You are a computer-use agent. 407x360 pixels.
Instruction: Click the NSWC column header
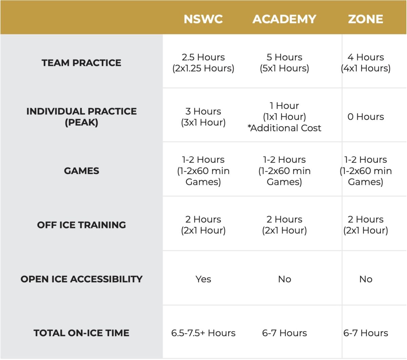[x=203, y=19]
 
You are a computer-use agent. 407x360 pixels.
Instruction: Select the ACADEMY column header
[x=284, y=19]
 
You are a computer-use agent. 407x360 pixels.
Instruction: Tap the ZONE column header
[x=365, y=19]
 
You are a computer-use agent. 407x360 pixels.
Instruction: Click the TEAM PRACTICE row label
[x=81, y=63]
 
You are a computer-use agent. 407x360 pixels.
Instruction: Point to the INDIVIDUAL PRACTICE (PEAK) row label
[x=81, y=117]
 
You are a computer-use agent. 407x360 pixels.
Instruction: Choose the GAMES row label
[x=81, y=171]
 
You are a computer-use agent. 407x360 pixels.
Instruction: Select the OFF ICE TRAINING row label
[x=81, y=225]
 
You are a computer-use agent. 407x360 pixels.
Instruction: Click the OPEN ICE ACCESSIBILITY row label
[x=81, y=279]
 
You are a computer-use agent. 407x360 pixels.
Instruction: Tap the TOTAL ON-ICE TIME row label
[x=81, y=333]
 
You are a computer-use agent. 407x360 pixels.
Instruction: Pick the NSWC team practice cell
[x=203, y=63]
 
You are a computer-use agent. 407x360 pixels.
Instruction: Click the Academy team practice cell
[x=284, y=63]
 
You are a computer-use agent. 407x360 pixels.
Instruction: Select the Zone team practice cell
[x=366, y=63]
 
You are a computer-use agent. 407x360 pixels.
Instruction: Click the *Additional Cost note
[x=284, y=128]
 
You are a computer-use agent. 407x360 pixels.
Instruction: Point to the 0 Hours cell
[x=366, y=117]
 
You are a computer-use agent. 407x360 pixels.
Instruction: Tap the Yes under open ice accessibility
[x=203, y=279]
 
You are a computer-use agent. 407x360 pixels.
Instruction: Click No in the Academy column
[x=285, y=279]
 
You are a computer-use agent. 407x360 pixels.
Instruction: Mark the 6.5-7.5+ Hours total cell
[x=203, y=333]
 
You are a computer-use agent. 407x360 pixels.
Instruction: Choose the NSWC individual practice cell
[x=203, y=117]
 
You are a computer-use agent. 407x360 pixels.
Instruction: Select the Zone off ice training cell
[x=366, y=225]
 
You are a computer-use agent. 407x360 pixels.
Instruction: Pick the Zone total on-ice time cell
[x=366, y=333]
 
